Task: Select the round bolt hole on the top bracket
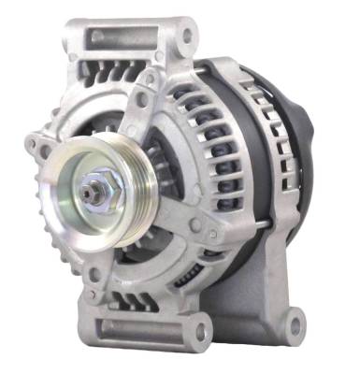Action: (188, 37)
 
